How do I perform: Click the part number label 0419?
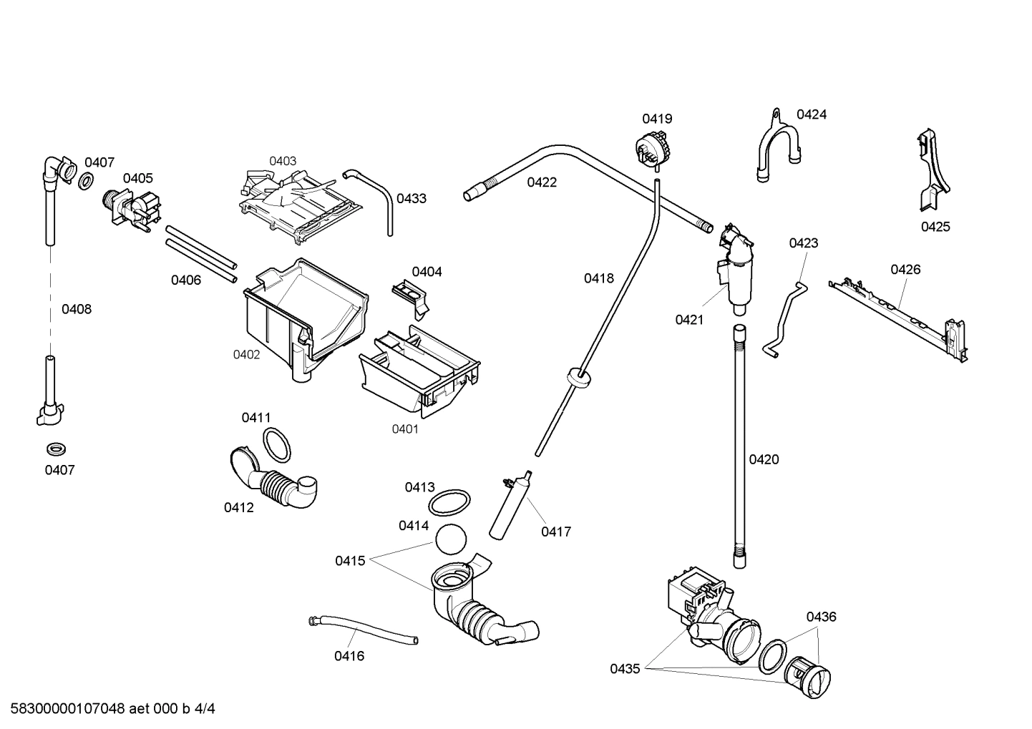[656, 119]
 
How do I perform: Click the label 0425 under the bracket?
[935, 227]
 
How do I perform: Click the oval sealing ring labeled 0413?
[449, 503]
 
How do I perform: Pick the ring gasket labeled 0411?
[277, 444]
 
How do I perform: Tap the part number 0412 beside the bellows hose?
[238, 508]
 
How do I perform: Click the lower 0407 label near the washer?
[59, 470]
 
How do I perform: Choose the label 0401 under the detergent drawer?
[405, 429]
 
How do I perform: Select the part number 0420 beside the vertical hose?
[764, 459]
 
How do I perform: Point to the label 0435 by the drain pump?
[625, 669]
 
